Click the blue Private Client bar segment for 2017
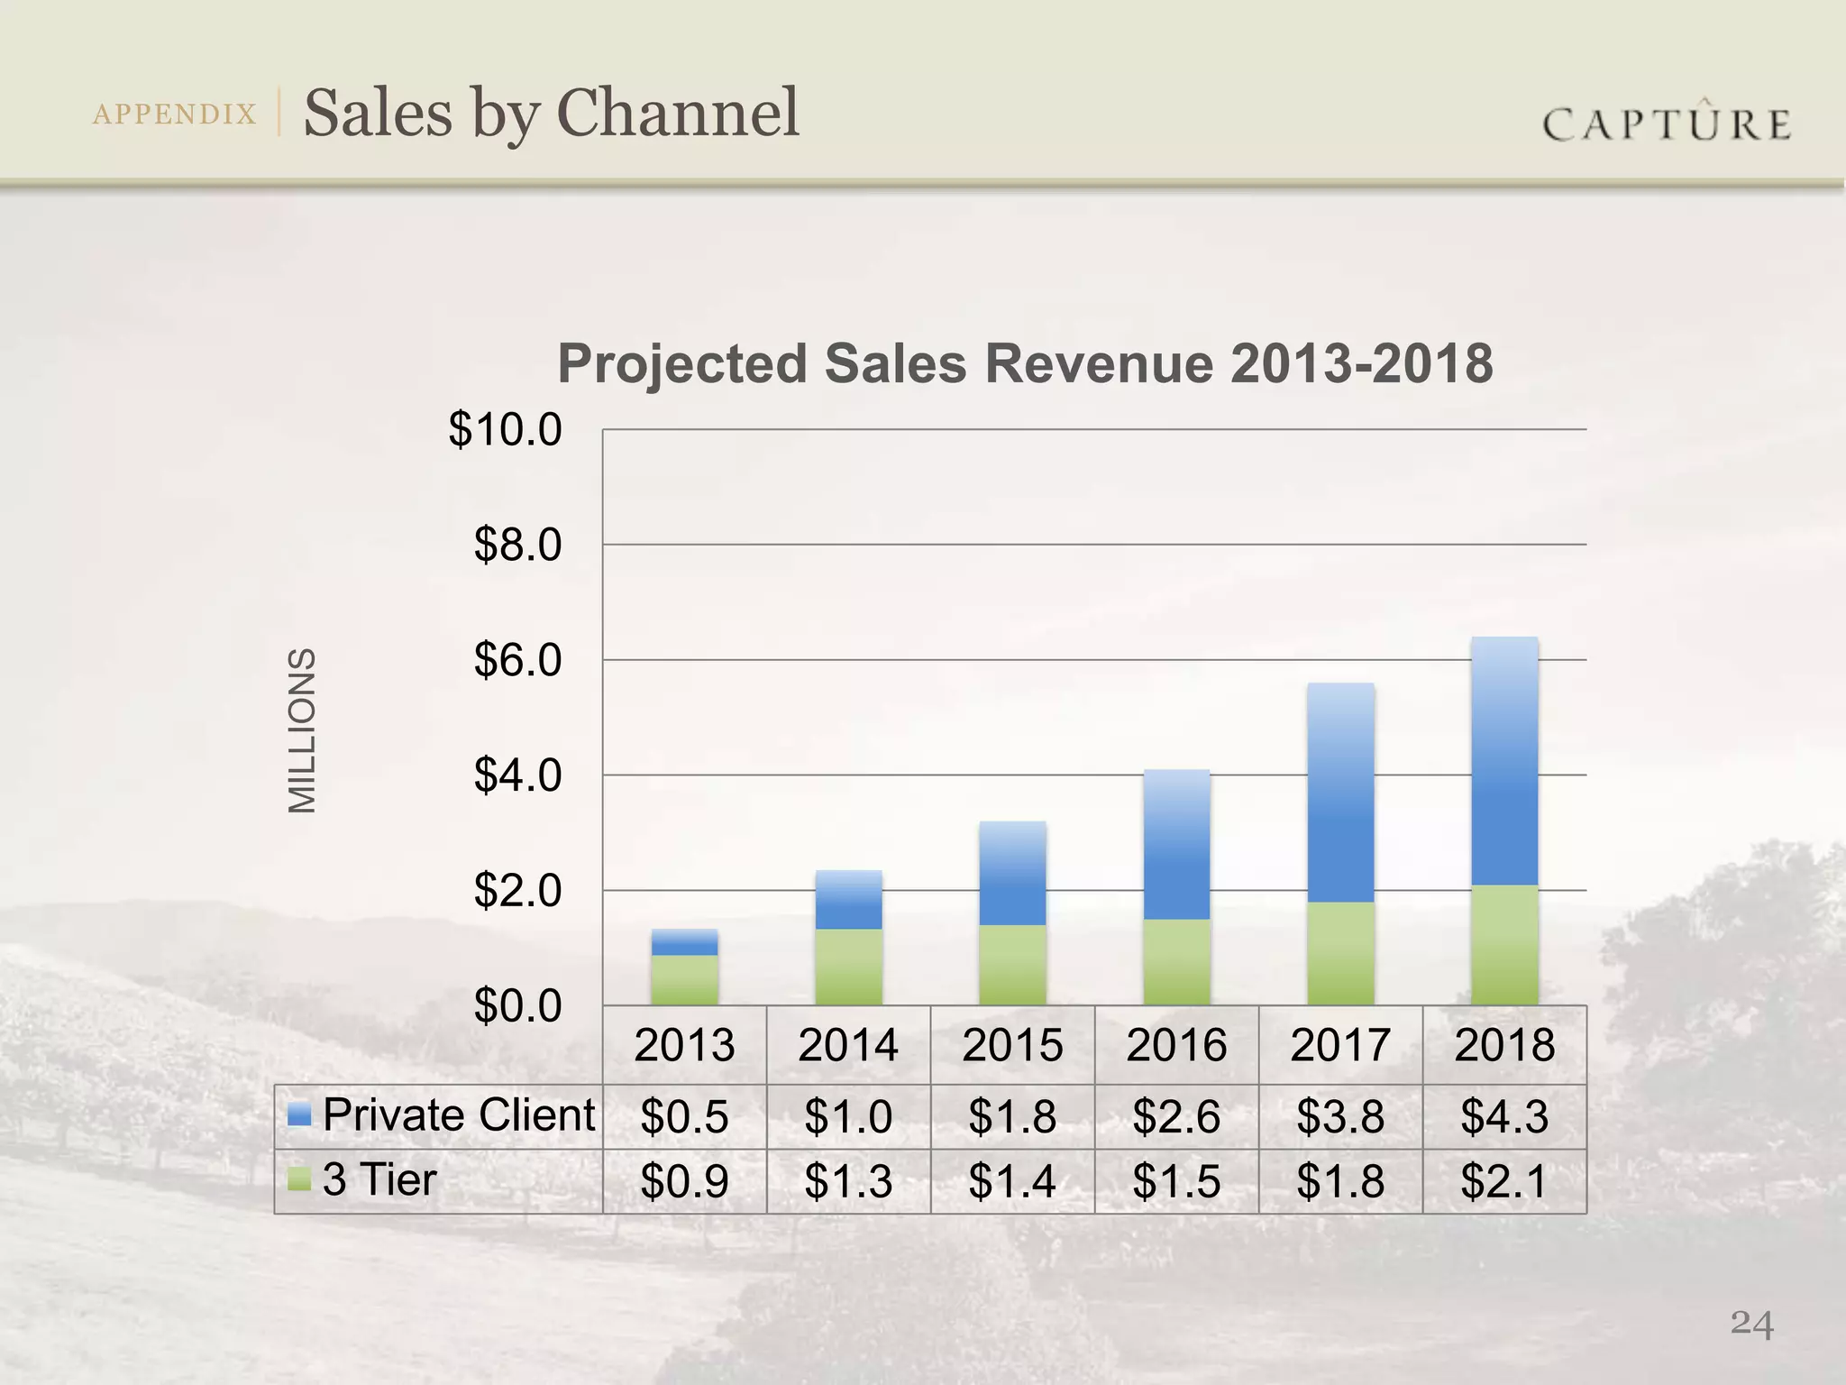[x=1340, y=793]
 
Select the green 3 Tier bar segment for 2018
[x=1504, y=945]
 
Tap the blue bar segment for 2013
[x=685, y=942]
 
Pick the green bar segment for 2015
[x=1012, y=965]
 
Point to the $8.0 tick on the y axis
[x=518, y=546]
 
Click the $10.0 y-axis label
[x=506, y=430]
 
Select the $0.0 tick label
[x=518, y=1006]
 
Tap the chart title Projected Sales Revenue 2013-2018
[x=1025, y=364]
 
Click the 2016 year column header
[x=1176, y=1046]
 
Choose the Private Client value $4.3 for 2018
[x=1504, y=1116]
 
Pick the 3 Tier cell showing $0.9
[x=685, y=1181]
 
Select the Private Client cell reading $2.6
[x=1176, y=1116]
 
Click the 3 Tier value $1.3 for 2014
[x=848, y=1181]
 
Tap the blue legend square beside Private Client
[x=299, y=1115]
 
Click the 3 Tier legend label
[x=379, y=1179]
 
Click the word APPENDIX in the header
[x=175, y=115]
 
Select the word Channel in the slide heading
[x=678, y=113]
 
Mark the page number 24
[x=1751, y=1325]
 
